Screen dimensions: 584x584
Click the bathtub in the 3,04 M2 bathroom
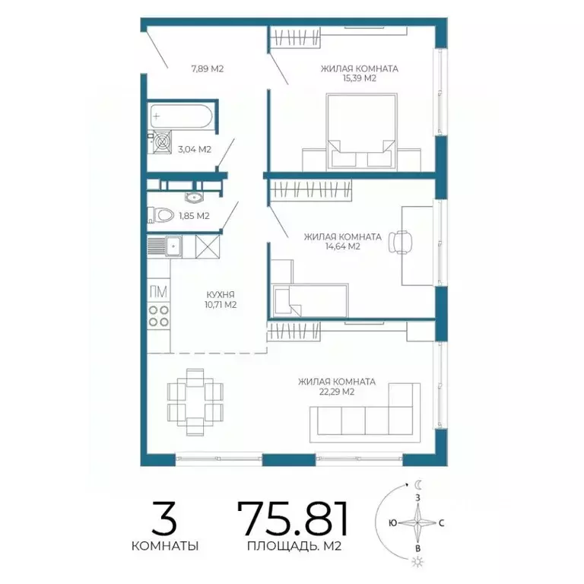tap(181, 116)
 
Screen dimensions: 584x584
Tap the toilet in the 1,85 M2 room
tap(161, 215)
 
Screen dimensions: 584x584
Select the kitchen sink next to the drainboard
tap(173, 246)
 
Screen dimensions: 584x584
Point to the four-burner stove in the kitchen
tap(159, 316)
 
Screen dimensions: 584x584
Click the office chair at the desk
tap(401, 242)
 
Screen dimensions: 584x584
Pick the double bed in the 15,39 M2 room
tap(361, 132)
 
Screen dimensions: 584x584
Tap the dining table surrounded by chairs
tap(195, 401)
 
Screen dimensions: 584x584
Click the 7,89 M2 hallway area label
tap(208, 69)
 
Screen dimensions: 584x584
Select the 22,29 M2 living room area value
tap(337, 392)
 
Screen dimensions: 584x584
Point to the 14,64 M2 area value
tap(343, 246)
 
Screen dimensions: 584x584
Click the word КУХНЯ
tap(221, 295)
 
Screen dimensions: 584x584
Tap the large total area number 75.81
tap(293, 519)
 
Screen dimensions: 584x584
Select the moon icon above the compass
tap(419, 484)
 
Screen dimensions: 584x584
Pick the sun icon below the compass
tap(419, 561)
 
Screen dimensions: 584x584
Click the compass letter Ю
tap(392, 523)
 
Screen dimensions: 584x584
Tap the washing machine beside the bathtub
tap(162, 141)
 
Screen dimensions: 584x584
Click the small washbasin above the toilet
tap(193, 198)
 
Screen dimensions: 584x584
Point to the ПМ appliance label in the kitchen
tap(158, 292)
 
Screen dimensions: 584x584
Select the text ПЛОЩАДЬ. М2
tap(294, 547)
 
